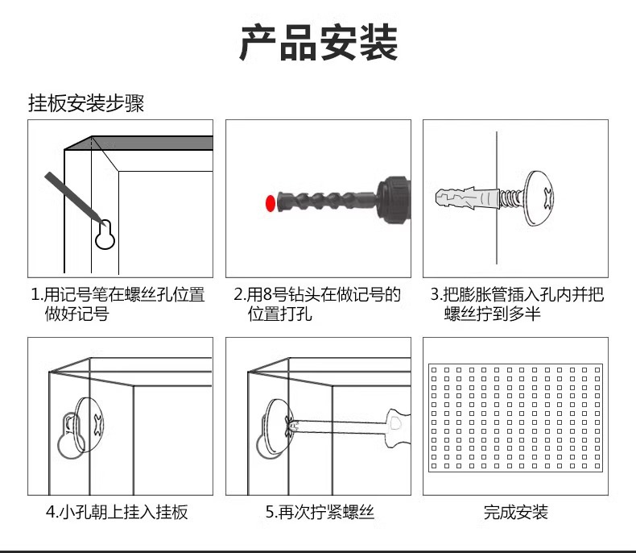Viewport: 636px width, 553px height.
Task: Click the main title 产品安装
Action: click(x=319, y=42)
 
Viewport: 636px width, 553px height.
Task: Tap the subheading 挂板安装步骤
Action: click(x=86, y=103)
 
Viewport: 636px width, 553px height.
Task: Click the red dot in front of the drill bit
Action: click(x=271, y=203)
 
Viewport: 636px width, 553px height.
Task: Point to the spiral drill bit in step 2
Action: click(x=327, y=200)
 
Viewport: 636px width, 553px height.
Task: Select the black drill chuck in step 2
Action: click(x=394, y=200)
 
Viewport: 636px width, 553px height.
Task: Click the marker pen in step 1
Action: click(x=72, y=197)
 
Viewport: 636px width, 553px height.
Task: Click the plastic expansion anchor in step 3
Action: click(x=467, y=198)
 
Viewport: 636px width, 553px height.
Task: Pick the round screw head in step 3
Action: click(x=539, y=198)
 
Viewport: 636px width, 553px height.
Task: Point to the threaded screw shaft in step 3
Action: click(x=512, y=198)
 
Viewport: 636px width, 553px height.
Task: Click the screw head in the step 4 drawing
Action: click(x=89, y=425)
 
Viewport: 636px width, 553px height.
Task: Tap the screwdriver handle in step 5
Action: click(x=397, y=428)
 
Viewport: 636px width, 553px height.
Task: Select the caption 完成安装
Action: click(x=515, y=513)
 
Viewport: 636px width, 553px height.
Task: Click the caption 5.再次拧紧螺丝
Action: click(x=320, y=513)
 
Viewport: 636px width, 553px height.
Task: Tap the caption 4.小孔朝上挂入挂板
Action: click(x=117, y=513)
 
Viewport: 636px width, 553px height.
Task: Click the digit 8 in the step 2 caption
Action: click(x=267, y=295)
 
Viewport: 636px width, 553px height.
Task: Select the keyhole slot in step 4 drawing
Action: click(x=70, y=436)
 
